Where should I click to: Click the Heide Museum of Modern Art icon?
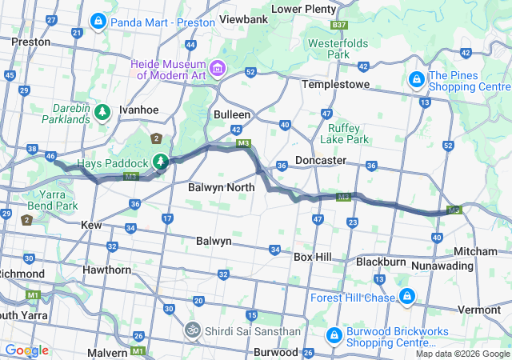click(x=218, y=66)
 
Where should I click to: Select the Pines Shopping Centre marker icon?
click(x=417, y=80)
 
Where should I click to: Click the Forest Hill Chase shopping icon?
click(x=407, y=298)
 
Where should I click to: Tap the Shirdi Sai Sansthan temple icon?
click(x=192, y=330)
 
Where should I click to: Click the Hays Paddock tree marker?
click(x=161, y=162)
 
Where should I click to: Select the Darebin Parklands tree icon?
click(x=102, y=113)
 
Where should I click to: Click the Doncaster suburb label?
click(x=321, y=160)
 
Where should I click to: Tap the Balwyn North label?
click(x=221, y=187)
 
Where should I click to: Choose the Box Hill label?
click(x=318, y=257)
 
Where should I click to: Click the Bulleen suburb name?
click(x=232, y=114)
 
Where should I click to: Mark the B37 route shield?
click(x=338, y=26)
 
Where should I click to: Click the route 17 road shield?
click(x=167, y=218)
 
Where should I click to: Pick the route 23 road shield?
click(x=352, y=222)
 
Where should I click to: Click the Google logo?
click(x=26, y=350)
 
